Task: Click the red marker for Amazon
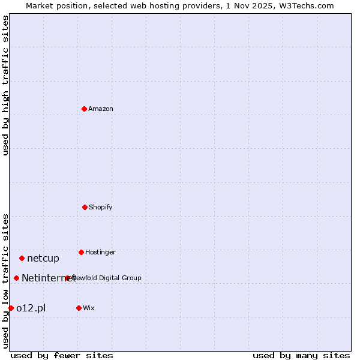(x=84, y=109)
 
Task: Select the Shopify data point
(x=85, y=207)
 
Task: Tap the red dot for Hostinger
(x=81, y=252)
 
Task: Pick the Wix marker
(x=79, y=308)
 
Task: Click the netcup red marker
(x=22, y=258)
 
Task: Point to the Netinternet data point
(x=16, y=278)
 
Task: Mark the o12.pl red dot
(x=11, y=308)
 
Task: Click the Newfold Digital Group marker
(x=68, y=278)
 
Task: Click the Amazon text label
(x=101, y=109)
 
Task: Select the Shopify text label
(x=101, y=207)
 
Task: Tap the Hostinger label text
(x=100, y=252)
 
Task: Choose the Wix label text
(x=89, y=308)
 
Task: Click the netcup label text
(x=43, y=259)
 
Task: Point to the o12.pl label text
(x=31, y=308)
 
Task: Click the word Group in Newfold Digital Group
(x=131, y=278)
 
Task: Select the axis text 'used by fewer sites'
(x=62, y=355)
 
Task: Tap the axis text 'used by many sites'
(x=301, y=355)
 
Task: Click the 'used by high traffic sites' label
(x=5, y=85)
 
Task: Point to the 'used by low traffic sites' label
(x=5, y=280)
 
